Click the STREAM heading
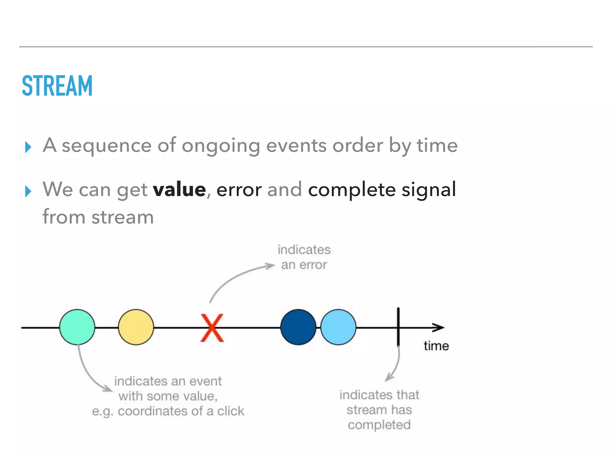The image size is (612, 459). click(57, 86)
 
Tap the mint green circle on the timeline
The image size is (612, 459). click(77, 327)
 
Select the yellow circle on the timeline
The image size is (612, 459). click(136, 327)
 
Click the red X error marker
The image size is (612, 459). click(212, 328)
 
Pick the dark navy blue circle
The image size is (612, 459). click(298, 327)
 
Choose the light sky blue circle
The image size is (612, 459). click(338, 327)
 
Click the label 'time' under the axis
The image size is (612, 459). click(436, 346)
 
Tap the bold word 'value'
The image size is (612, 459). click(179, 189)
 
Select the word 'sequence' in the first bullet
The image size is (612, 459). click(107, 146)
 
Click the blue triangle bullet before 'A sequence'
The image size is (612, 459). click(28, 147)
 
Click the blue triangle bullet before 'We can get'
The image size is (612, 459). click(28, 191)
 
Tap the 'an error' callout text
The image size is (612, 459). click(304, 265)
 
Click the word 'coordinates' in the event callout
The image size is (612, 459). click(153, 411)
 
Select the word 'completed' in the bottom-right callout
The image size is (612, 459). click(379, 425)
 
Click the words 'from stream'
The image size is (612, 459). click(98, 217)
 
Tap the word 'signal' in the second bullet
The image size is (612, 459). click(429, 189)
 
